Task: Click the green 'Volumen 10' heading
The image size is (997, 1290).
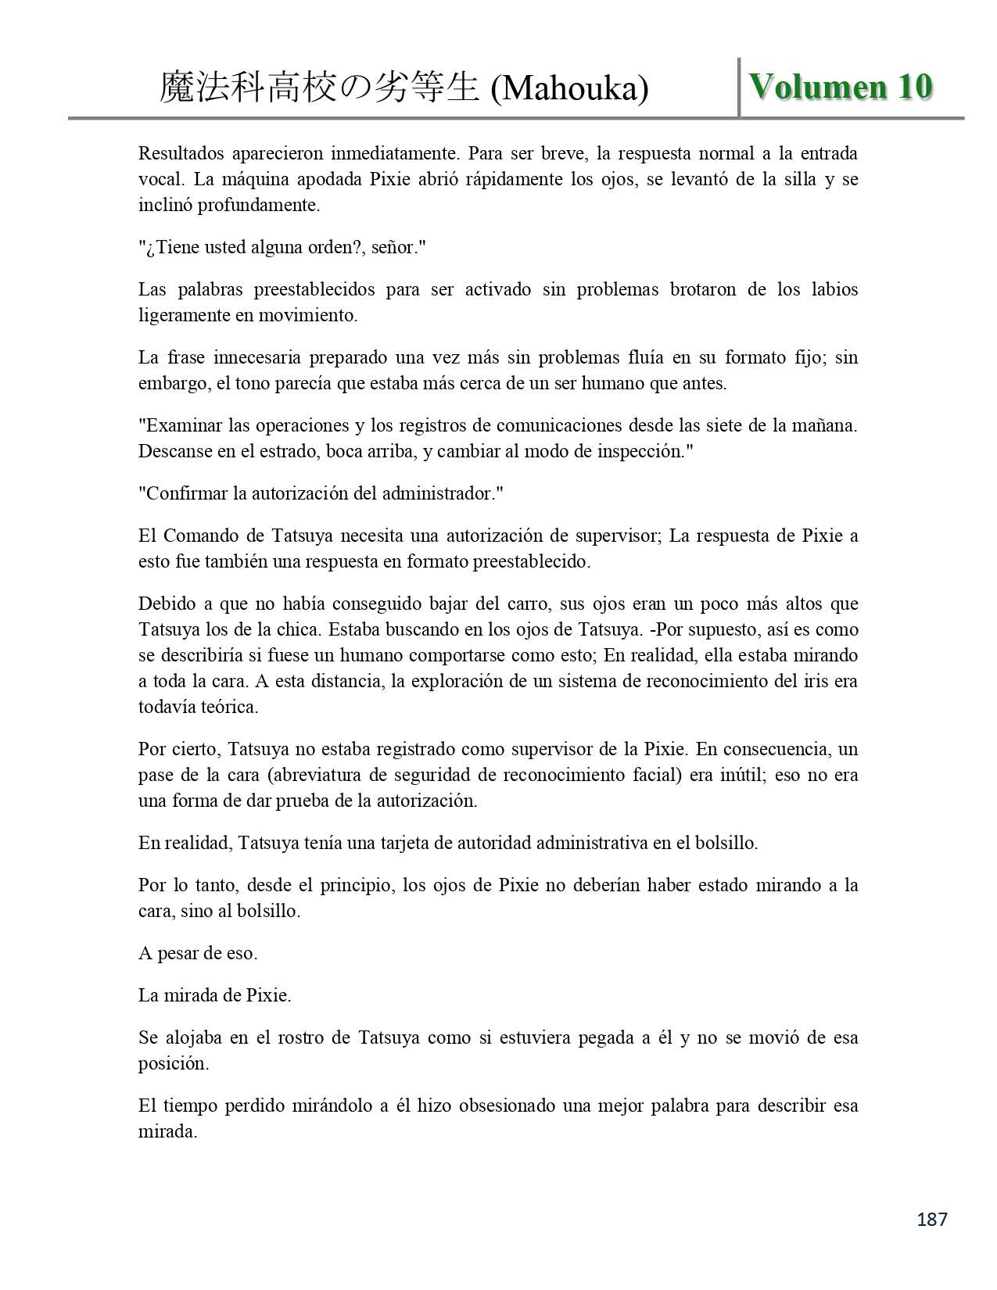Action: pos(841,86)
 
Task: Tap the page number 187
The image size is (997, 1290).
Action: pos(931,1219)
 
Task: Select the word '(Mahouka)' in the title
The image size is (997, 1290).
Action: pos(569,89)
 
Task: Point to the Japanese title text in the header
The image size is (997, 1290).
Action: pos(319,88)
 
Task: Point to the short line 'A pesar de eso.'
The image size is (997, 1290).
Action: pos(198,954)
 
